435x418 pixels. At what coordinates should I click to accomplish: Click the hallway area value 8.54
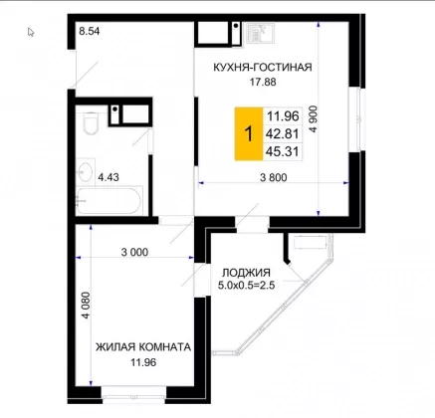click(90, 31)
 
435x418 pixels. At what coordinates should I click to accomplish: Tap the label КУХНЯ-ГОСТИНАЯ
click(263, 67)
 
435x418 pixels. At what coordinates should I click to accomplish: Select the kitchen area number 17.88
click(263, 82)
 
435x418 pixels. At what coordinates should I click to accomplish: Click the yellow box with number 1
click(249, 134)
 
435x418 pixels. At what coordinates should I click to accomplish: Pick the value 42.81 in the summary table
click(283, 134)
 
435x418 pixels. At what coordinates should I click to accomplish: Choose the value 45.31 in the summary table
click(283, 151)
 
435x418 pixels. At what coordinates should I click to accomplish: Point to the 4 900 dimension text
click(313, 119)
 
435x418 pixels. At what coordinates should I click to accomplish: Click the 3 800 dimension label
click(274, 177)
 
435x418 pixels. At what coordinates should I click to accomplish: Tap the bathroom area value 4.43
click(109, 177)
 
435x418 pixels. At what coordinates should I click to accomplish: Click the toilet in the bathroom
click(91, 122)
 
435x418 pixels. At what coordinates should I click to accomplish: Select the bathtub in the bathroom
click(109, 201)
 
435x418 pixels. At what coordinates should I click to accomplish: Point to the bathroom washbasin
click(85, 171)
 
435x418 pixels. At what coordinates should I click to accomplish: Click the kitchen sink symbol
click(261, 33)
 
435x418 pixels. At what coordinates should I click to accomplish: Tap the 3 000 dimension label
click(134, 252)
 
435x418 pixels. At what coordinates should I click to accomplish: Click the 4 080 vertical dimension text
click(86, 306)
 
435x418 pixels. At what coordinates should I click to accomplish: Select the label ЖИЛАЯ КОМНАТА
click(143, 347)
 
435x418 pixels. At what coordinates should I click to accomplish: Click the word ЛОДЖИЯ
click(246, 273)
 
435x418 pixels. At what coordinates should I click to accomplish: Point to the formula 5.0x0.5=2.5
click(246, 285)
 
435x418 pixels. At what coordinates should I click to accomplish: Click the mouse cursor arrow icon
click(31, 32)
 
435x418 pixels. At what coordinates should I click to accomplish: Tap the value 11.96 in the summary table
click(283, 116)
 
